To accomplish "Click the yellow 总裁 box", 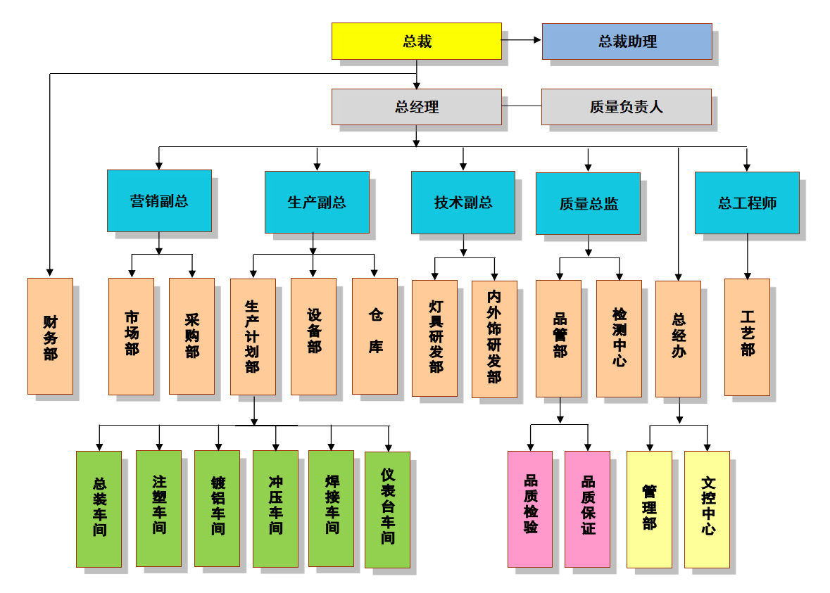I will tap(417, 41).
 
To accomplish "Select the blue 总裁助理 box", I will tap(627, 41).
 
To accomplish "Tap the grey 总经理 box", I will tap(417, 107).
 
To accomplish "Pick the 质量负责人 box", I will tap(626, 107).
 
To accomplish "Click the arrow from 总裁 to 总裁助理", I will tap(522, 40).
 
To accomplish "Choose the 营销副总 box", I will tap(159, 200).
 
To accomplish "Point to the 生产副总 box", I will tap(317, 202).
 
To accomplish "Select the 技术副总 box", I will tap(463, 202).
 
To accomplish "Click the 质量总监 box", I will tap(588, 203).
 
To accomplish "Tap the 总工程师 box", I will tap(747, 203).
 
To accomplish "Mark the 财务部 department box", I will tap(50, 336).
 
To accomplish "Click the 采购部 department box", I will tap(191, 336).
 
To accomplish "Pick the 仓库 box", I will tap(375, 336).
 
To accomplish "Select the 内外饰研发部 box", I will tap(494, 339).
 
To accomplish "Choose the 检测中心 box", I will tap(619, 338).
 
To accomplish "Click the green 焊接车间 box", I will tap(331, 509).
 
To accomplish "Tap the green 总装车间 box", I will tap(99, 509).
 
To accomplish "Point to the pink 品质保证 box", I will tap(587, 509).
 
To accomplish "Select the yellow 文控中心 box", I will tap(707, 509).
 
